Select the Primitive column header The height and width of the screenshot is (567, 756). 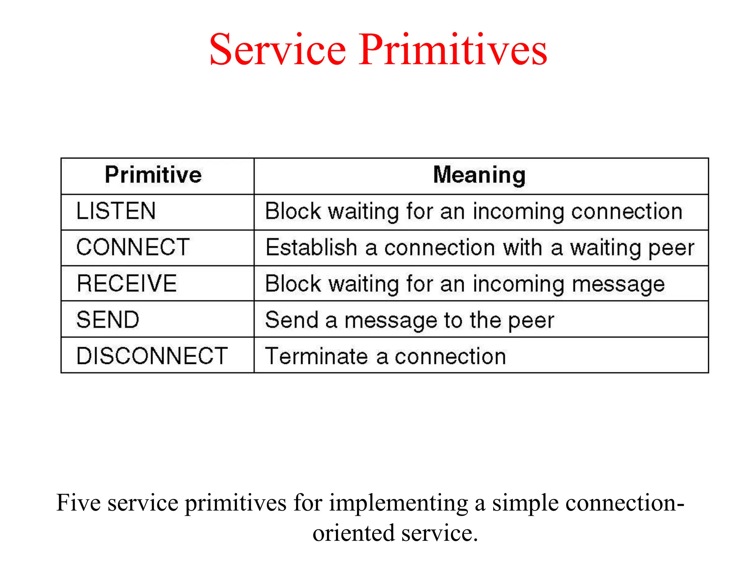tap(153, 175)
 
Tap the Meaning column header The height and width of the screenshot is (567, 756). tap(479, 175)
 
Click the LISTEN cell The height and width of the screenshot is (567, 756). tap(116, 211)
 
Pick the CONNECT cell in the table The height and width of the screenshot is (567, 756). tap(133, 247)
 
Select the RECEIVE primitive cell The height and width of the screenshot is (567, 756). tap(127, 283)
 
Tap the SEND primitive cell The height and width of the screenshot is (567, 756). tap(108, 319)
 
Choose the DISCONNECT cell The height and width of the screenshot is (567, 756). tap(152, 356)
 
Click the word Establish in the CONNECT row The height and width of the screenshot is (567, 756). tap(311, 247)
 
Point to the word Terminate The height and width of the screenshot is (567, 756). tap(316, 357)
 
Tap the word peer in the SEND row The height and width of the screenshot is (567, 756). tap(531, 320)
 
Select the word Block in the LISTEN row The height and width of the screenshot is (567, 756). tap(293, 211)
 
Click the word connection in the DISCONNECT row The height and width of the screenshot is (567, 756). tap(450, 357)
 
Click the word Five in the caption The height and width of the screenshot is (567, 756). tap(78, 503)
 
